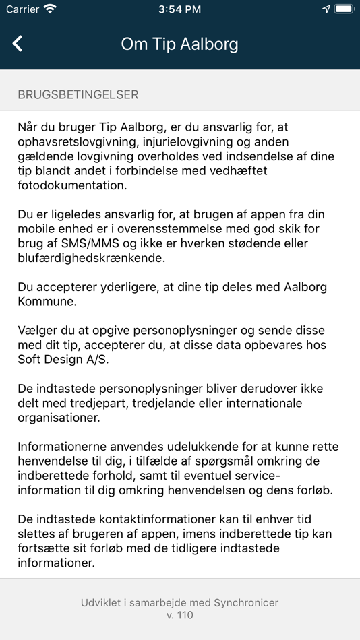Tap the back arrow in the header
coord(18,44)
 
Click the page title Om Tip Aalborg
coord(179,44)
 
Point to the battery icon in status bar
coord(344,9)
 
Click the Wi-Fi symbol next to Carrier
coord(50,9)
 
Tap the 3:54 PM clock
coord(180,9)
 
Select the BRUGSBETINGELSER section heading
coord(78,95)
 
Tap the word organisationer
coord(59,418)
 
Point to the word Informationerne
coord(65,447)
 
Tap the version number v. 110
coord(180,616)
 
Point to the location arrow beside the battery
coord(326,9)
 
